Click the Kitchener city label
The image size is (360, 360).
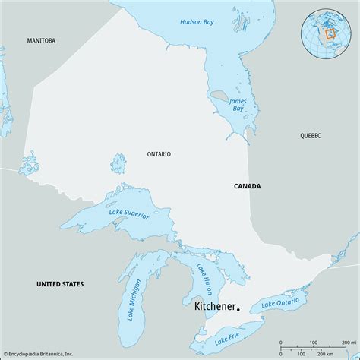[x=209, y=308]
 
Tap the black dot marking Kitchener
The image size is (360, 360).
[x=238, y=309]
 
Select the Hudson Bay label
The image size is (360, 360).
[x=196, y=22]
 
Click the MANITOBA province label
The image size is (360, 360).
[x=42, y=39]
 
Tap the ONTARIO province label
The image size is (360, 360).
[x=159, y=154]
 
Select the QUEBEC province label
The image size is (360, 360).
[x=311, y=135]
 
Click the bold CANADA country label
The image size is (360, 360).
[x=247, y=185]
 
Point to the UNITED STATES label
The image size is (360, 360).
[x=60, y=283]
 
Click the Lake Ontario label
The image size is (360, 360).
[x=279, y=305]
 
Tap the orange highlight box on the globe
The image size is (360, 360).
[x=330, y=34]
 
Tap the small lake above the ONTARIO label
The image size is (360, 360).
[x=118, y=163]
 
